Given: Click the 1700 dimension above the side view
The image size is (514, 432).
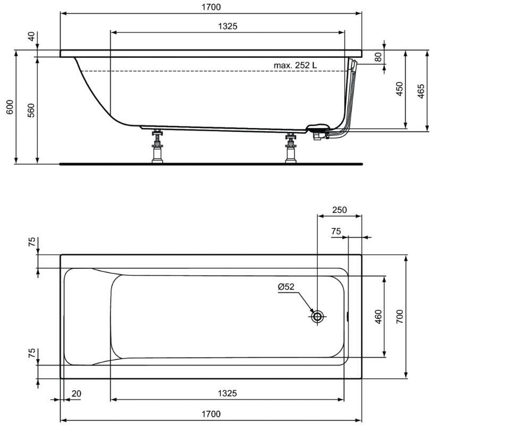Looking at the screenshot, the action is click(x=211, y=7).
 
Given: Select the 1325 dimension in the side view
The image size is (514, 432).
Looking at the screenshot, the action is click(x=227, y=26).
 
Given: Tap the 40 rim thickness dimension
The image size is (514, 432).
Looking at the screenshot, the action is click(x=31, y=36).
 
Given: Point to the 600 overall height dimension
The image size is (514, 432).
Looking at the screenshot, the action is click(x=10, y=107).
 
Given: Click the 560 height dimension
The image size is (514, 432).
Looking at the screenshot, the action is click(x=31, y=111).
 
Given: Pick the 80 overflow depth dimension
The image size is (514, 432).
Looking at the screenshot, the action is click(x=378, y=57).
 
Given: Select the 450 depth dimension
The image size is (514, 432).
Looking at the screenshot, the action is click(x=399, y=89).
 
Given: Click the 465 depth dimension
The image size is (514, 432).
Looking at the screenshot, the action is click(x=421, y=91).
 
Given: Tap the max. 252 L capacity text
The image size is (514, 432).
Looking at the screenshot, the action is click(x=296, y=65).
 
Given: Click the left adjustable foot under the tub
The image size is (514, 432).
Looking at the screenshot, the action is click(x=157, y=146).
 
